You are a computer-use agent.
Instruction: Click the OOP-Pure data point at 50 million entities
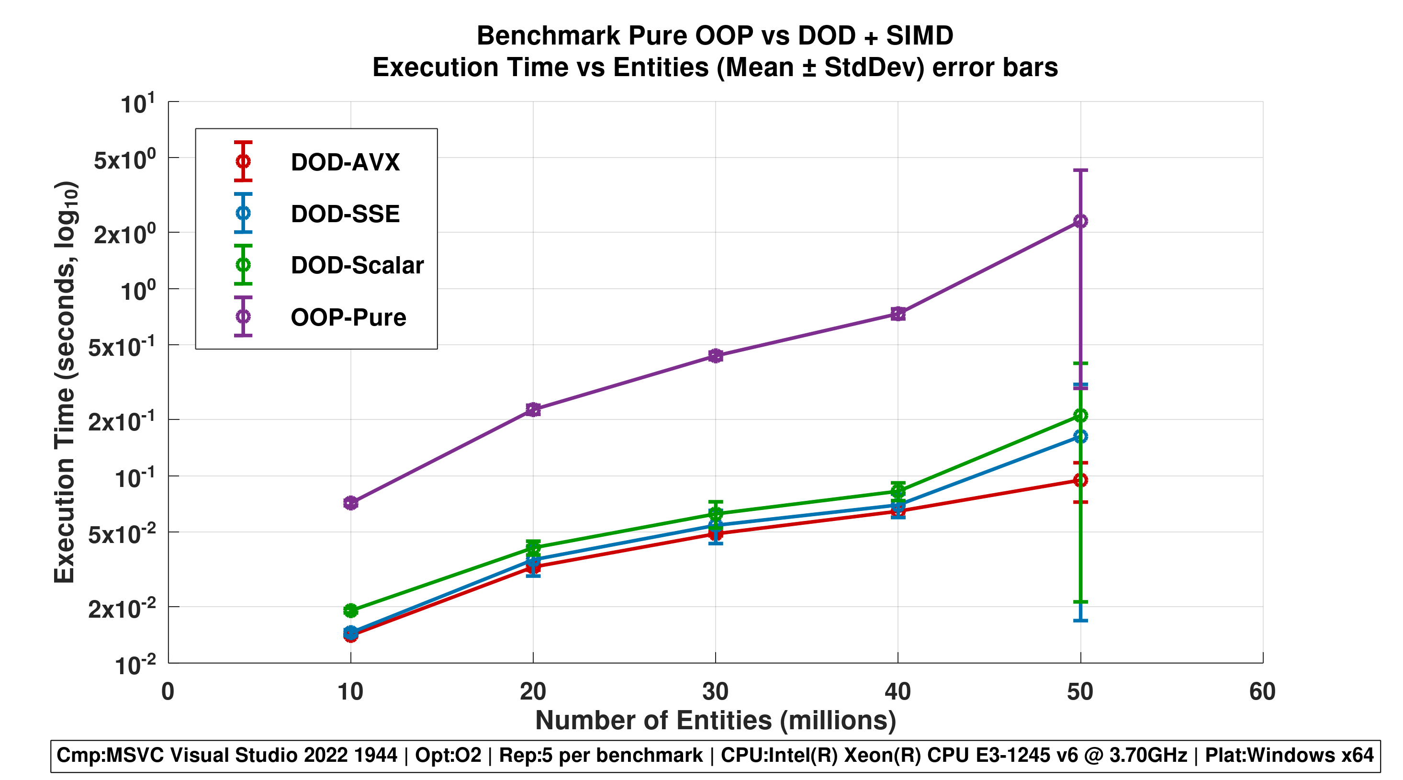pos(1080,221)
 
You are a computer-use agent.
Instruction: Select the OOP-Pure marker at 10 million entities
pos(351,503)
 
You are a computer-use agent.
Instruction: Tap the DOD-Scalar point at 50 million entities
pos(1080,416)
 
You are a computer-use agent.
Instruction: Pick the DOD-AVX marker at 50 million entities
pos(1080,480)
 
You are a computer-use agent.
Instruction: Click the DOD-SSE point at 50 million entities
pos(1080,436)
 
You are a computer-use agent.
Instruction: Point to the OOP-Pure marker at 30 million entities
pos(716,356)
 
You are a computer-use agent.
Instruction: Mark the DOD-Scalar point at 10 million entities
pos(351,610)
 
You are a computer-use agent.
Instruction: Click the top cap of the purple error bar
pos(1080,170)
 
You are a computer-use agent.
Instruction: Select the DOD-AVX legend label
pos(345,162)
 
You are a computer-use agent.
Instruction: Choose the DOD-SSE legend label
pos(345,214)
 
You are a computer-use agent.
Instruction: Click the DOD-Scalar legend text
pos(357,265)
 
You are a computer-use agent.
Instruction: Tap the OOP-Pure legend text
pos(348,317)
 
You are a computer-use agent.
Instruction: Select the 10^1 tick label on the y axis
pos(137,103)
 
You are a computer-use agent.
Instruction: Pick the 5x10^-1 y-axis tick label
pos(122,346)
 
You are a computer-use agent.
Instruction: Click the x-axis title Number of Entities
pos(715,720)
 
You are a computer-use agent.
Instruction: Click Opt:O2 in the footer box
pos(448,756)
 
